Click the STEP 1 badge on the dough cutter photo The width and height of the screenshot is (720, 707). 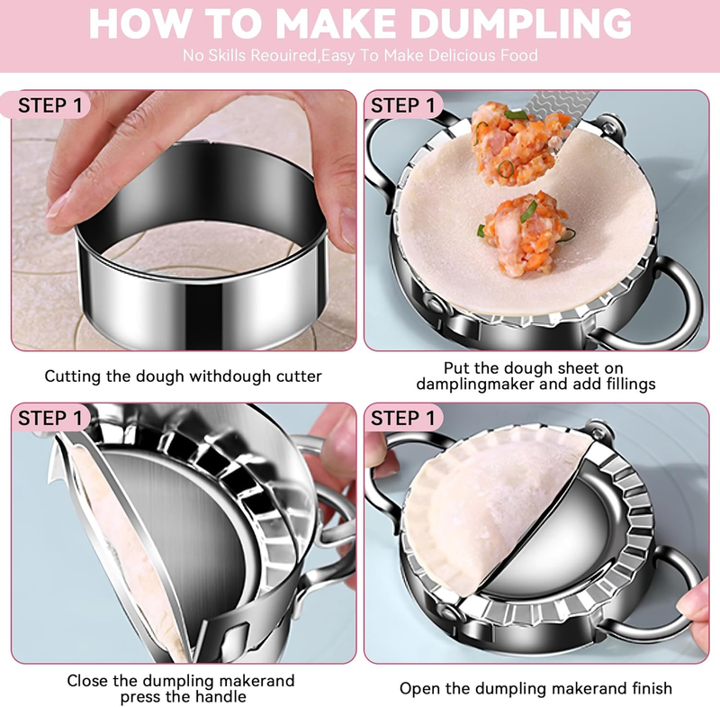click(x=50, y=105)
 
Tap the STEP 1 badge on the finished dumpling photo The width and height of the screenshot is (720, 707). click(x=402, y=419)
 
